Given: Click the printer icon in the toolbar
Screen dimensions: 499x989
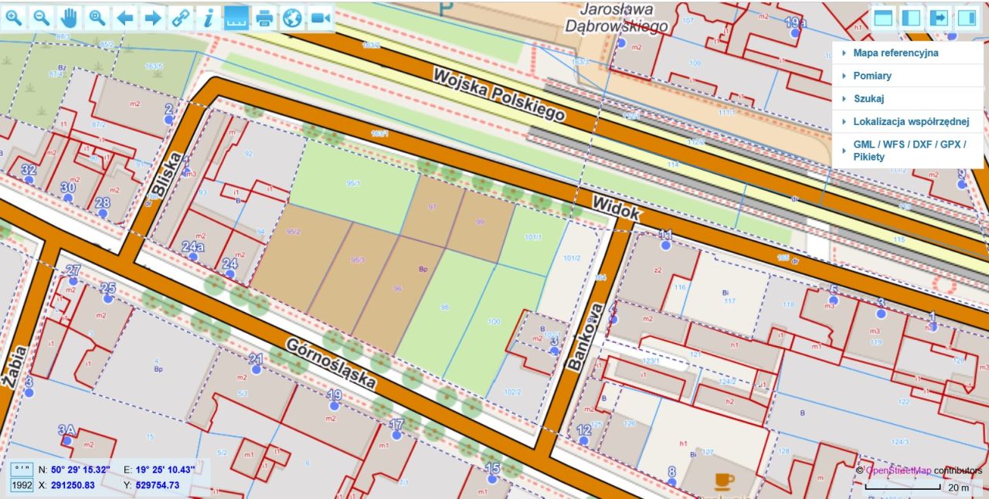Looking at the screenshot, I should point(265,18).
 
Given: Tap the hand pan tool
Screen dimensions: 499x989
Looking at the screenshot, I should point(70,18).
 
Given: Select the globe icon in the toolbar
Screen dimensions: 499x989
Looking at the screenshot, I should point(292,18).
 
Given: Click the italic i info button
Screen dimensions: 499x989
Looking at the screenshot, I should point(207,18).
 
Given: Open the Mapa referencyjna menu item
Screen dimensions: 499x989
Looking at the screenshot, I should point(895,53).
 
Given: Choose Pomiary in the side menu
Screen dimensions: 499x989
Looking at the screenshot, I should point(872,76).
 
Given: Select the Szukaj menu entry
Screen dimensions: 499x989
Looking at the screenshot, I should point(868,99).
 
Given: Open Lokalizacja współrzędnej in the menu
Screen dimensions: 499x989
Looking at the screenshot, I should point(909,122).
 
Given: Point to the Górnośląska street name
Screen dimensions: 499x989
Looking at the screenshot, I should point(331,363).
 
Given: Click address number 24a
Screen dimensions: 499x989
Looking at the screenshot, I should point(192,247).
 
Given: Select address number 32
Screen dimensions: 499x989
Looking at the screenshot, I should point(29,170).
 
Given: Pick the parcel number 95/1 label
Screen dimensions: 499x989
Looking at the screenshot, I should point(354,184).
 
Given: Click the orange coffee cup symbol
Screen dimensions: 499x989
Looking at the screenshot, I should point(724,481).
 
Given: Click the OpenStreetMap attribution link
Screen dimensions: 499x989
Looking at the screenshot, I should point(898,470).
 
